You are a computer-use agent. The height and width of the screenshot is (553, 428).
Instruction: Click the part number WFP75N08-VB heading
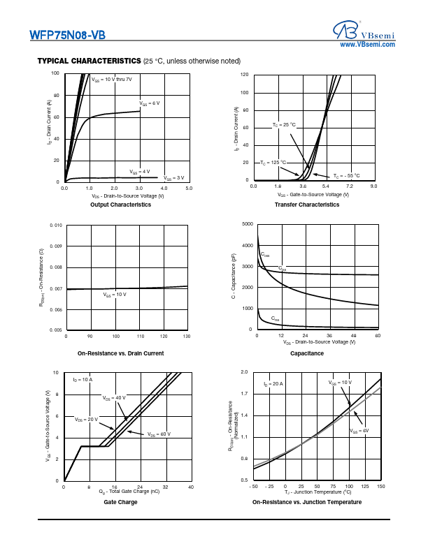68,34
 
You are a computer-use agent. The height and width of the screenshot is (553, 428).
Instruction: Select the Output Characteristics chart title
121,205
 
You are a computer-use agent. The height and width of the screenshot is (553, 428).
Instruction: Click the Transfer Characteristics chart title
307,205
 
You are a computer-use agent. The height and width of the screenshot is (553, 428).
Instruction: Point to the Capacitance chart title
307,354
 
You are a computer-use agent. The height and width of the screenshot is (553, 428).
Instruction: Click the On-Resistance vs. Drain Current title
120,354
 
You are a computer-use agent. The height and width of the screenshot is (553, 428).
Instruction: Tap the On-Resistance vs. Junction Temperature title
307,503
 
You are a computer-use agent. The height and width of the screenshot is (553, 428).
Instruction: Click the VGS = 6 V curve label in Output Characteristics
149,103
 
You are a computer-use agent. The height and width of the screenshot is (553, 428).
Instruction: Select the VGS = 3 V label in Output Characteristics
174,178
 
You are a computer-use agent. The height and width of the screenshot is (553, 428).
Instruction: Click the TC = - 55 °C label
346,176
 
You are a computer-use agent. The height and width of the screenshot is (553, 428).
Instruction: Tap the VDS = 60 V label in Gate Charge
159,434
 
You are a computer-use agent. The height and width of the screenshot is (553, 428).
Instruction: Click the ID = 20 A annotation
273,385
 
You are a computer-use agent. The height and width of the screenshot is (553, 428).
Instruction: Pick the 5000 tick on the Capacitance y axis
247,224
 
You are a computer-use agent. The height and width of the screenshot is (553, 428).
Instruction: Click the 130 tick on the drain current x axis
185,337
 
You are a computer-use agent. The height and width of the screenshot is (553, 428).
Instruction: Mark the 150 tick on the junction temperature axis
380,486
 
